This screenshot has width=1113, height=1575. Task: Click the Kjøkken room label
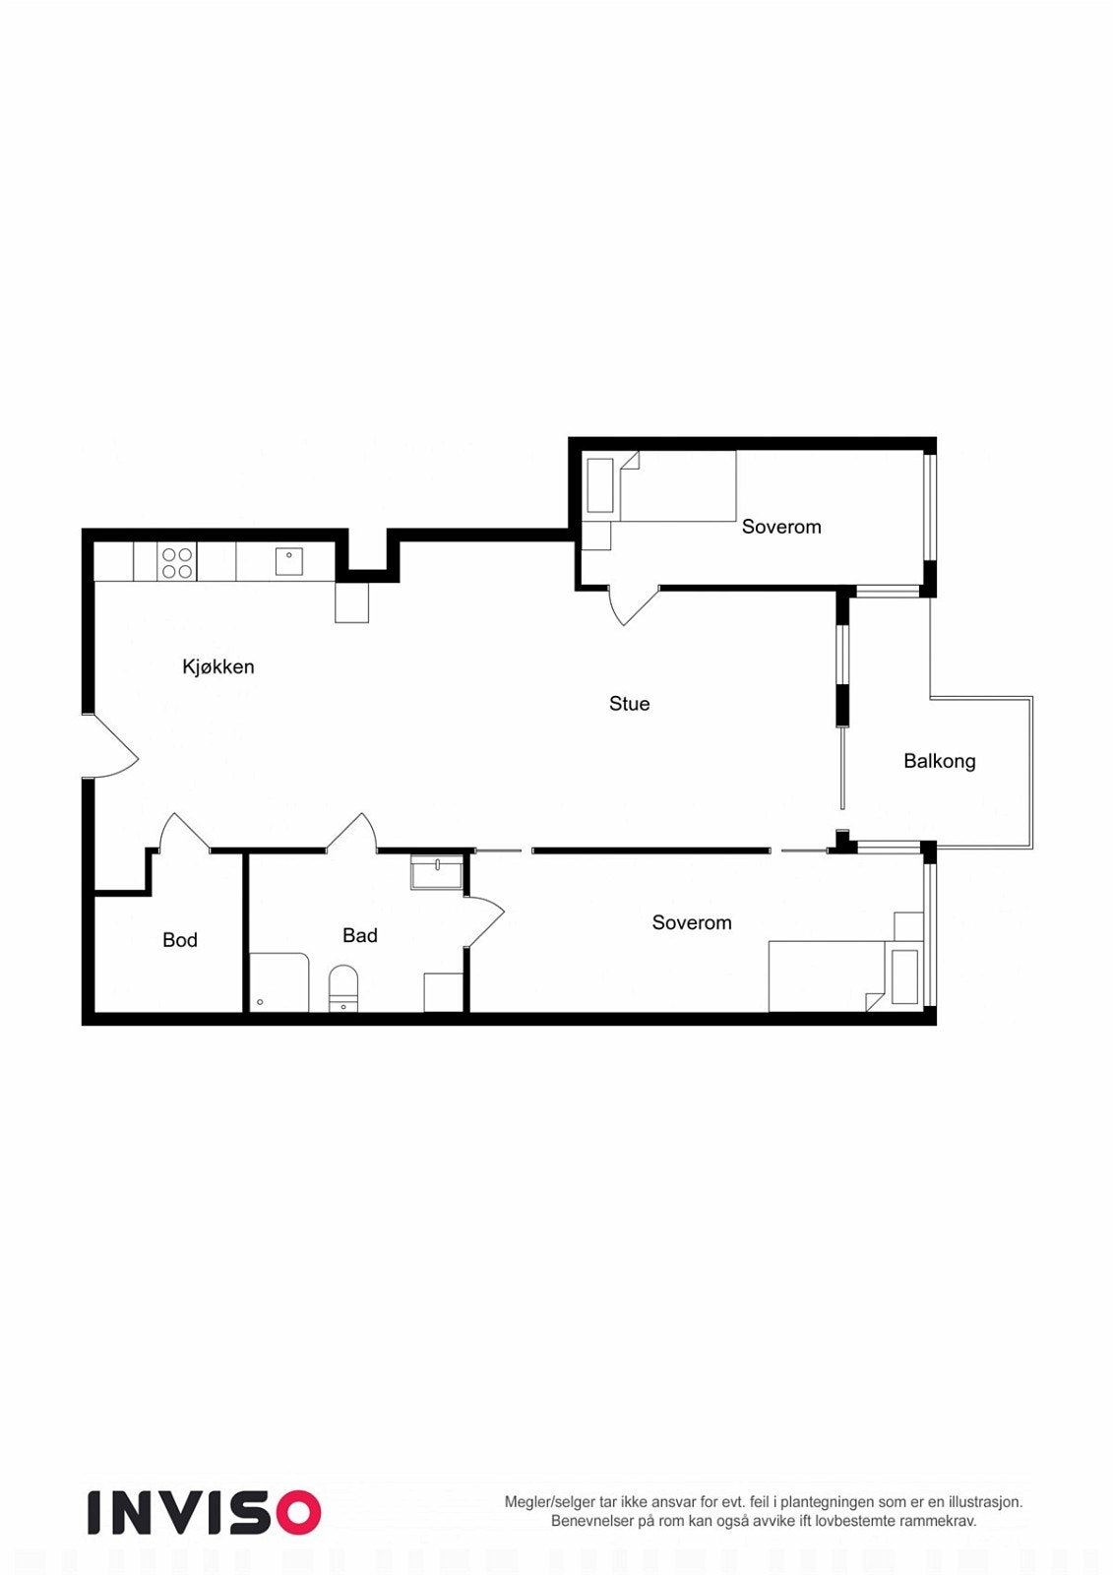click(217, 666)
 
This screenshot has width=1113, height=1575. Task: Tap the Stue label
click(629, 704)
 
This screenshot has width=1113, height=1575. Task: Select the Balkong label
click(939, 761)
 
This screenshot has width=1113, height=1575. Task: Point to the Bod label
click(179, 940)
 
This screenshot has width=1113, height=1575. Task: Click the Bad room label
click(359, 935)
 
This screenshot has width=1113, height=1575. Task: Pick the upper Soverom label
click(780, 527)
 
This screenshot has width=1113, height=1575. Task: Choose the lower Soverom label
click(691, 922)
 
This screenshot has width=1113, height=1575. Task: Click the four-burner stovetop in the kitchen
click(177, 563)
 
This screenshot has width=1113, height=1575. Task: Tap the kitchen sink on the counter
click(288, 561)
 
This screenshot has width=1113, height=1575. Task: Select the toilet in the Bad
click(342, 987)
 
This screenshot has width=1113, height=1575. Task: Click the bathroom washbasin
click(436, 873)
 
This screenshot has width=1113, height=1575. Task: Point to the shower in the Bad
click(278, 981)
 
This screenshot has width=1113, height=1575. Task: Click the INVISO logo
click(204, 1512)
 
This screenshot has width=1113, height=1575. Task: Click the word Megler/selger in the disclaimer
click(549, 1502)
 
